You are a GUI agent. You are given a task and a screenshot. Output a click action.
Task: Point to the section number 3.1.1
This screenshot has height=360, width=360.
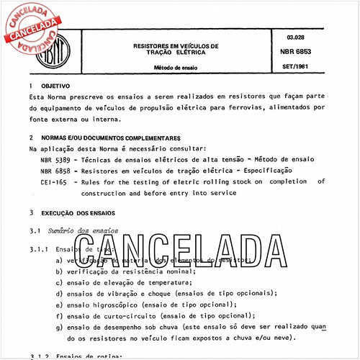38,248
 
